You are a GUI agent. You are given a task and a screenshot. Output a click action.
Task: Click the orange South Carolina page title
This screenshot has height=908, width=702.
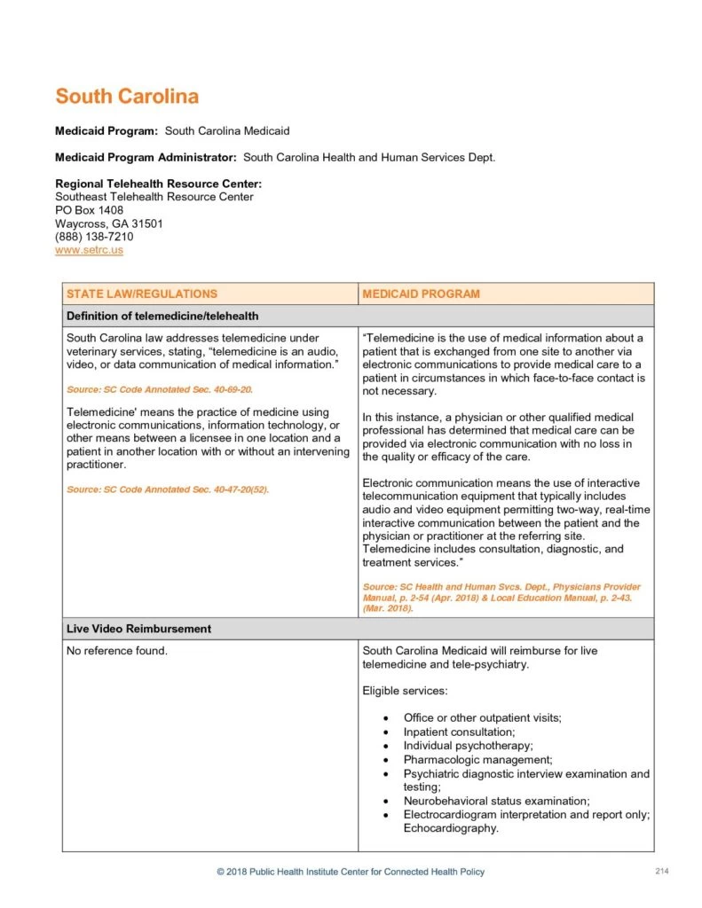point(127,96)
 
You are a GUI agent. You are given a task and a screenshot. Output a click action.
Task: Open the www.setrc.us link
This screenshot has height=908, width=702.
point(89,250)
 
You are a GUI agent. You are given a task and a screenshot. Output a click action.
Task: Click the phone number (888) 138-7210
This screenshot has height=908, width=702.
point(94,237)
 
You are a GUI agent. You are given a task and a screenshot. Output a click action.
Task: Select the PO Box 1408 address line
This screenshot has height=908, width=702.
point(89,210)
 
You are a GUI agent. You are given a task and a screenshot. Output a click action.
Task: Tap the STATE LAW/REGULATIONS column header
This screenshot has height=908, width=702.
point(142,294)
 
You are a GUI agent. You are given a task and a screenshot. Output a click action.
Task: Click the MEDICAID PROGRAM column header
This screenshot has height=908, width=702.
point(422,294)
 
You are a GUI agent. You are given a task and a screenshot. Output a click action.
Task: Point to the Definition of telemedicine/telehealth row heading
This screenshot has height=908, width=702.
point(162,316)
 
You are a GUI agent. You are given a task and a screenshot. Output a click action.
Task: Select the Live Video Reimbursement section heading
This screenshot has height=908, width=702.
point(138,629)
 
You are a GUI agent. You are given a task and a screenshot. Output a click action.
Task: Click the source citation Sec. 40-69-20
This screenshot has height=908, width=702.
point(164,389)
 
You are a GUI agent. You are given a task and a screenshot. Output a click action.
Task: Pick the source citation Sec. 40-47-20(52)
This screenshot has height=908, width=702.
point(168,489)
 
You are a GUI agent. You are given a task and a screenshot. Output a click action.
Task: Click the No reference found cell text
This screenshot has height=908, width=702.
point(117,651)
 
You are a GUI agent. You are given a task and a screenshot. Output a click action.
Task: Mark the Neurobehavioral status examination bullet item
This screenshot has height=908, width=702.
point(496,801)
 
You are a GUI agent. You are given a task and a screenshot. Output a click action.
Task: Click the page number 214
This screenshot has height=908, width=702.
point(661,872)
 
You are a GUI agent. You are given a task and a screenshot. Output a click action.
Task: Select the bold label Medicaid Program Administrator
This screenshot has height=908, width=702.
point(146,158)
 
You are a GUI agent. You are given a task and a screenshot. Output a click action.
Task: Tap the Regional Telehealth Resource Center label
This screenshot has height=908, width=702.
point(158,184)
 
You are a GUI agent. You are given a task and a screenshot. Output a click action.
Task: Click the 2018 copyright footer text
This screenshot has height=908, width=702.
point(351,872)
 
